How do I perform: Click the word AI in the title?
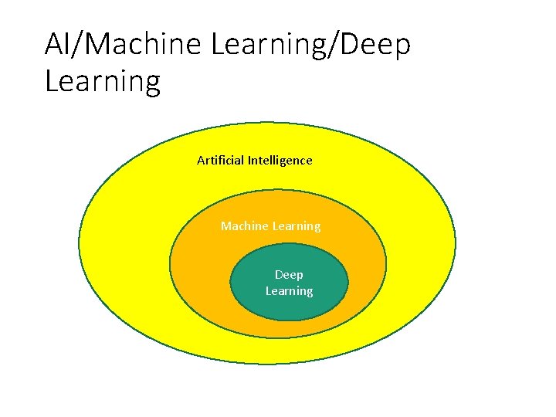(58, 45)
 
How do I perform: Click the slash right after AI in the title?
(76, 45)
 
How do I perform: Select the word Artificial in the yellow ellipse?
(220, 161)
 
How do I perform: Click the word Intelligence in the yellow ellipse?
(280, 161)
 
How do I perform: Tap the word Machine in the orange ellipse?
(244, 226)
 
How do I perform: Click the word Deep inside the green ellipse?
(290, 275)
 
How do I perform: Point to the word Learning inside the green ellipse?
(290, 291)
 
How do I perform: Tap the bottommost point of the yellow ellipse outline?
(267, 364)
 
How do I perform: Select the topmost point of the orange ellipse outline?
(278, 189)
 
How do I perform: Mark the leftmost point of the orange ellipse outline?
(170, 263)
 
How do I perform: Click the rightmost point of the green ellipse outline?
(348, 283)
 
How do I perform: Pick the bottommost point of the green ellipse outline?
(290, 320)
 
